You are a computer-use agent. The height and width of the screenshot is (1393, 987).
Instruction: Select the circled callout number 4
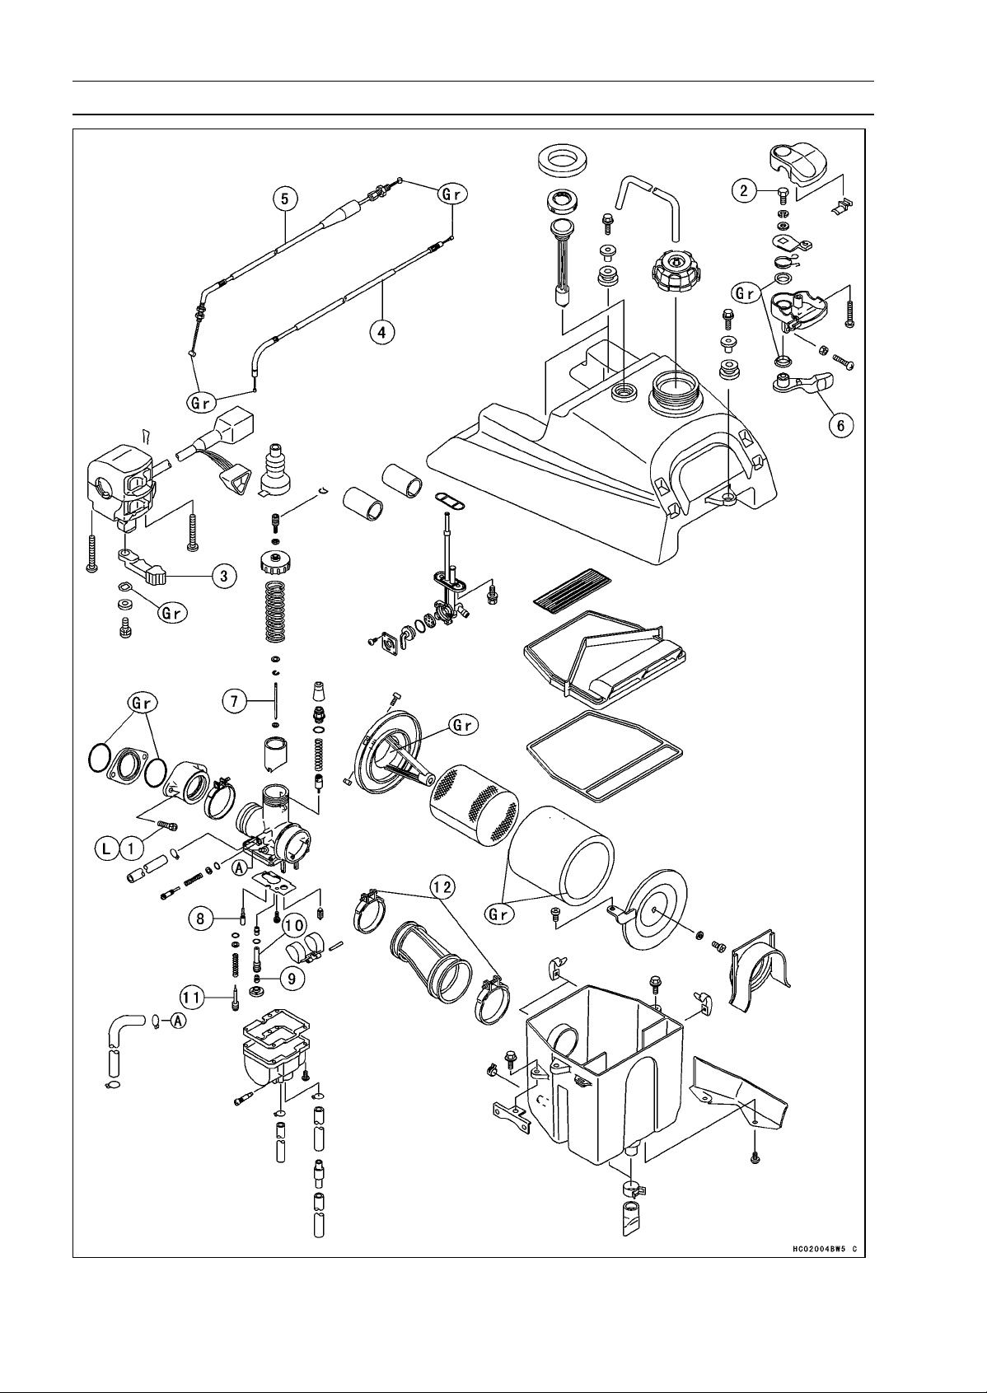click(x=381, y=332)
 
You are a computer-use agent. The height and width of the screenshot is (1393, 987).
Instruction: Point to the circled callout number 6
click(x=840, y=425)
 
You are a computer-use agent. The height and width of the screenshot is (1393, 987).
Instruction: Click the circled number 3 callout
click(x=224, y=577)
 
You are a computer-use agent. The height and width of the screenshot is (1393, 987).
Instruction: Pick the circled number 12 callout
click(x=442, y=888)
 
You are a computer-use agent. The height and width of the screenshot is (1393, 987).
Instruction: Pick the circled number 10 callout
click(x=293, y=927)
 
